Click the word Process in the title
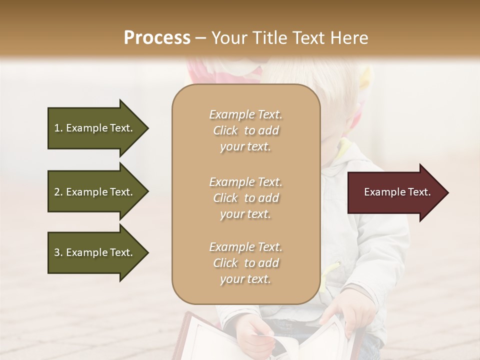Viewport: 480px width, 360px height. [x=157, y=38]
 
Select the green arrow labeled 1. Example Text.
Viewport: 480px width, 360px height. [x=95, y=128]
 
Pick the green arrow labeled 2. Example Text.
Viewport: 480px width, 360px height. [x=95, y=192]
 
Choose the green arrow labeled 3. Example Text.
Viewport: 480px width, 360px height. [x=95, y=252]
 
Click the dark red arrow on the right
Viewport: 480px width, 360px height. [x=395, y=192]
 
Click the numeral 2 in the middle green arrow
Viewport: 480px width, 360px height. [x=57, y=192]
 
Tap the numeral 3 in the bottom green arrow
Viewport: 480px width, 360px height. [x=57, y=252]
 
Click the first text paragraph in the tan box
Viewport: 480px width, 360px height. [x=245, y=130]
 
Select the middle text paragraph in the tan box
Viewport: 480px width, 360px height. [x=245, y=198]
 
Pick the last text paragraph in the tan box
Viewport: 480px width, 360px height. [x=245, y=263]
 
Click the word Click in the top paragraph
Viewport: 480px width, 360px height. [x=225, y=131]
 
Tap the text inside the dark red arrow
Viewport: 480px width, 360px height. [x=397, y=192]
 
